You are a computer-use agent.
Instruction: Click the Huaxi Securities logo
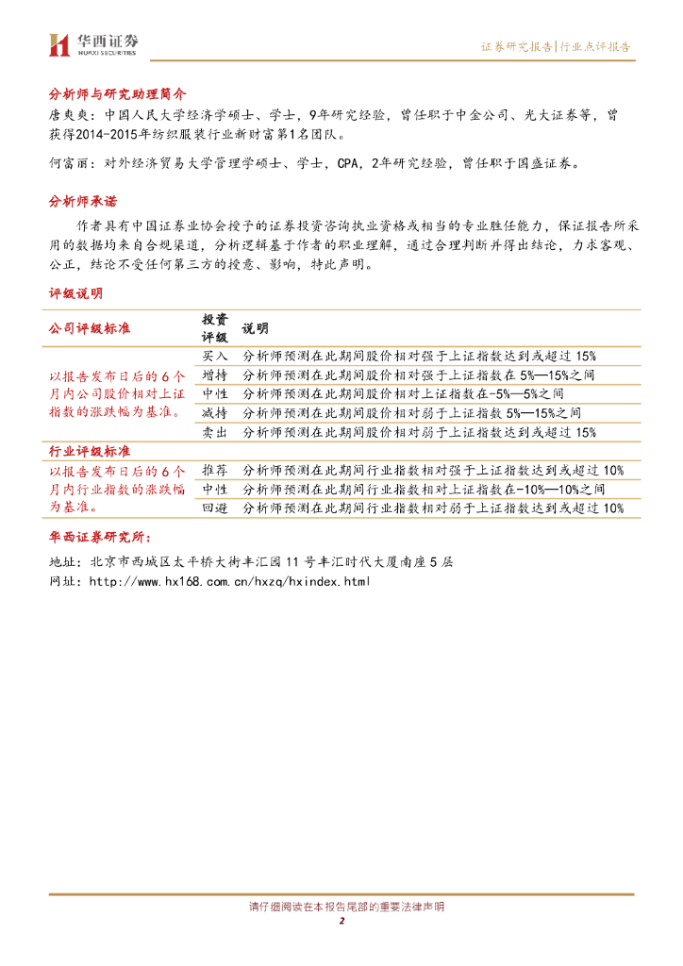tap(95, 44)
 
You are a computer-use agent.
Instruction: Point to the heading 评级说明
tap(76, 293)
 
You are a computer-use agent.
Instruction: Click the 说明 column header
tap(255, 328)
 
